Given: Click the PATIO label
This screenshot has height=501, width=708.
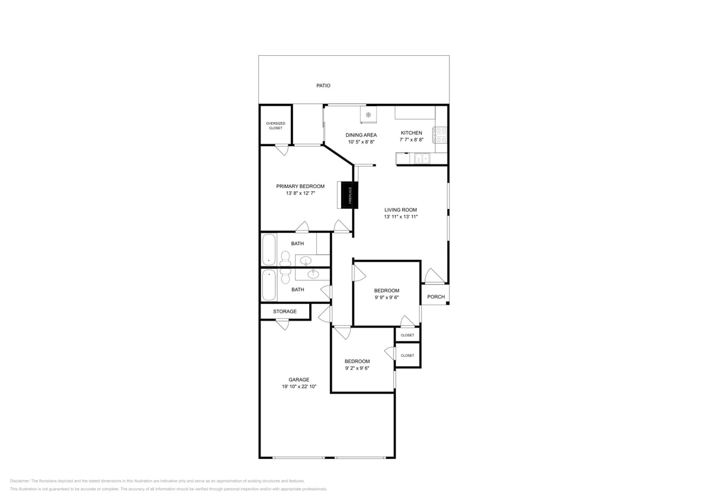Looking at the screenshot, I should point(323,85).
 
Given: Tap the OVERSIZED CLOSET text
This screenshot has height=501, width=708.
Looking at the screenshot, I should point(275,126).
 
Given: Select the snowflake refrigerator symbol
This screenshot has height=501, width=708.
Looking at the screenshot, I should point(368,115).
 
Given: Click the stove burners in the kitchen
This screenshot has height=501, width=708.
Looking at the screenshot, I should point(441,135).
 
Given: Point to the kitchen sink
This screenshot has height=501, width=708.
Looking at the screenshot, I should point(422,158).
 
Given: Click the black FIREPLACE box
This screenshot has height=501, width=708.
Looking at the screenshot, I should point(347,195).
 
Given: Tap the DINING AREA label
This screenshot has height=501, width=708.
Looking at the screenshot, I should point(361,135).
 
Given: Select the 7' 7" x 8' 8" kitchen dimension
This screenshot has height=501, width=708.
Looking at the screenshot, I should point(411,140).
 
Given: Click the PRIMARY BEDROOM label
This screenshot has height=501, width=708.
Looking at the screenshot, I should point(300,186).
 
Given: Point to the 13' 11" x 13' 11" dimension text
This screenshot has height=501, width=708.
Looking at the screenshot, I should point(401,217).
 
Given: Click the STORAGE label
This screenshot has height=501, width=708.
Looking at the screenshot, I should point(285,312).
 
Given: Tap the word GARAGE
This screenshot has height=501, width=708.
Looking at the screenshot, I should point(299,380).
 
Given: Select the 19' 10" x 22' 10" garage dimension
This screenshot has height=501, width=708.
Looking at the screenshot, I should point(299,387).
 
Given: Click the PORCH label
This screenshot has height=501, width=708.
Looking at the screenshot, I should point(436,297).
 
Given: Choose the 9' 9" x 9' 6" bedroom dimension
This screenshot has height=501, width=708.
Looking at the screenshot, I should point(386,297).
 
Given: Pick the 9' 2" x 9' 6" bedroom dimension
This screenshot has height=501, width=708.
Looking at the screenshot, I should point(357,368).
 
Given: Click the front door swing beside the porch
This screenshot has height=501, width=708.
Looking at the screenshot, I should point(433,276).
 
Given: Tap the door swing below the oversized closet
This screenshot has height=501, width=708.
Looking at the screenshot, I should point(282,150).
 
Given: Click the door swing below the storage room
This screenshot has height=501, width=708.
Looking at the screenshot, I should point(282,325).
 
